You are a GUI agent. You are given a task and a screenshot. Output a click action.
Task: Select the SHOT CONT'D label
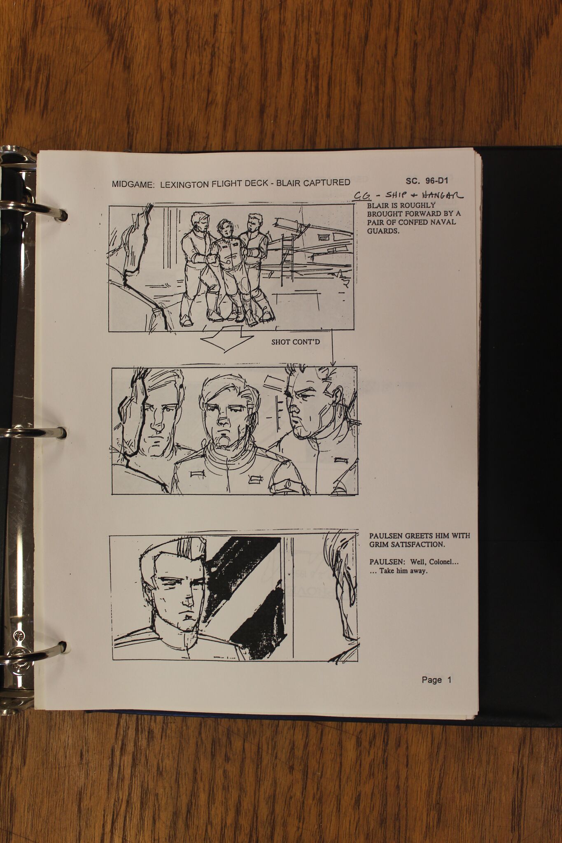[296, 342]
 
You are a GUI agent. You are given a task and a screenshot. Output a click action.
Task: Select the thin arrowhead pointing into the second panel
[333, 363]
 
